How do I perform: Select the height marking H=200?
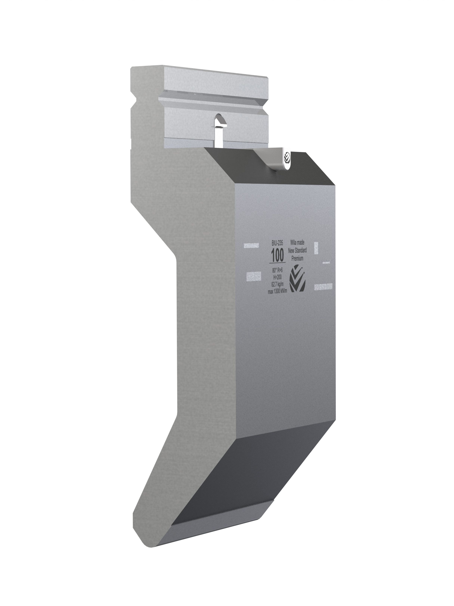[277, 277]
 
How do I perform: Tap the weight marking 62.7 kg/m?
[277, 284]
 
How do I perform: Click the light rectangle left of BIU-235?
[251, 245]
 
